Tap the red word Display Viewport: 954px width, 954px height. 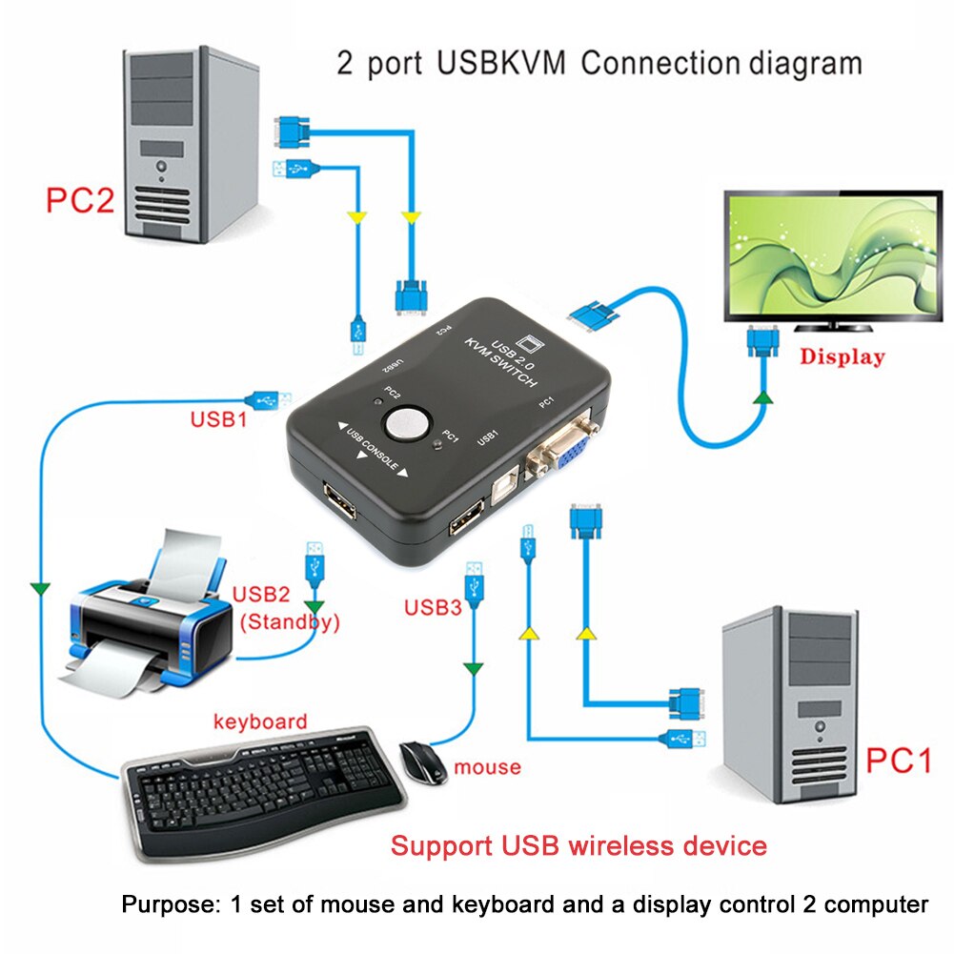pyautogui.click(x=842, y=357)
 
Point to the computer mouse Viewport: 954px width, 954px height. pyautogui.click(x=423, y=761)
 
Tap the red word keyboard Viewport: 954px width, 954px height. pyautogui.click(x=259, y=721)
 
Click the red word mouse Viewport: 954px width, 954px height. pyautogui.click(x=487, y=766)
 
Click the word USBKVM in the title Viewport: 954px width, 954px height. pyautogui.click(x=503, y=64)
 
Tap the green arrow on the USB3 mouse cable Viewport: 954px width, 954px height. pyautogui.click(x=472, y=669)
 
